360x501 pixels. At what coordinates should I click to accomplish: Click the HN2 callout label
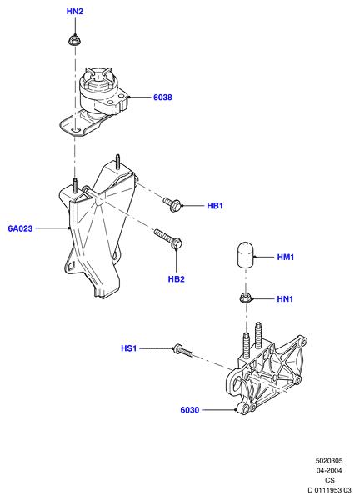pos(75,12)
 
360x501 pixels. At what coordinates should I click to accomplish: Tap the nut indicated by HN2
pos(74,40)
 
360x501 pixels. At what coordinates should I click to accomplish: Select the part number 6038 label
pos(162,98)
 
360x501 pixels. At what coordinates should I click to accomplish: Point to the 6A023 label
pos(21,228)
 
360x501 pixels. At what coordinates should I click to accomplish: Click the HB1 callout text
pos(215,206)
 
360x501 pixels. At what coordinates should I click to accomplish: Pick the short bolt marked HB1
pos(172,204)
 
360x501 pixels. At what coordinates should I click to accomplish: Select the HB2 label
pos(177,279)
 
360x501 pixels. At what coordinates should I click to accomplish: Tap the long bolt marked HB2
pos(168,238)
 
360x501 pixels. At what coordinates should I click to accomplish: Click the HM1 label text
pos(286,257)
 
